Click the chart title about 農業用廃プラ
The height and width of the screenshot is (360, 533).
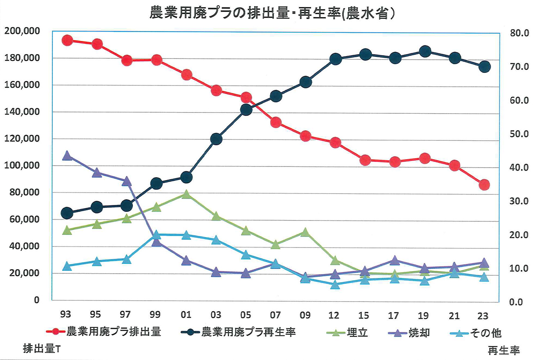(272, 13)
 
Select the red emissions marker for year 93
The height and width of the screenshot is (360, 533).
(67, 40)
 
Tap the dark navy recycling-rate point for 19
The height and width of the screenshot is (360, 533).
(425, 52)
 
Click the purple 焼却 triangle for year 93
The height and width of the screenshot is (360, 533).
(67, 156)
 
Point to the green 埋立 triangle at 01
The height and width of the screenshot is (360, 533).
(186, 194)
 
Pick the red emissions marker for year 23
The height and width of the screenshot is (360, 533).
(484, 185)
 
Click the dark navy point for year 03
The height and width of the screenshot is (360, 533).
(216, 139)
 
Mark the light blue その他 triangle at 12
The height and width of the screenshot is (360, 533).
(335, 285)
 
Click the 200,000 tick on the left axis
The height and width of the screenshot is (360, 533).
(22, 31)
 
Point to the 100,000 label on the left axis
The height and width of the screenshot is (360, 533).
(22, 166)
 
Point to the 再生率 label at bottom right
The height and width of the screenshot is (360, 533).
(503, 350)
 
